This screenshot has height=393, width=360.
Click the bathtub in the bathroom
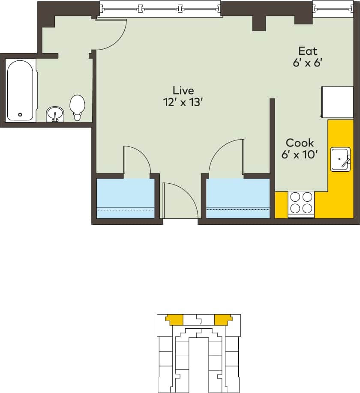(20, 90)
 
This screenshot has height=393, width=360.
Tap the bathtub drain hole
(20, 114)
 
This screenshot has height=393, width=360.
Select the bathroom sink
(55, 114)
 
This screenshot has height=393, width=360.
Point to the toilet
(78, 106)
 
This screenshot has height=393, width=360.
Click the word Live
(183, 90)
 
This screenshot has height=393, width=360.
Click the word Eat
(308, 51)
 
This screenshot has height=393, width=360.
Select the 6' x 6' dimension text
(307, 63)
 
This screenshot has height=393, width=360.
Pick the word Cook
(300, 143)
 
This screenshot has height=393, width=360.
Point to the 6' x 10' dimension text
(300, 155)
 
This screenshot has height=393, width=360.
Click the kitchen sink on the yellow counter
(340, 159)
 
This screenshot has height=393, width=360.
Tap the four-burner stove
(301, 202)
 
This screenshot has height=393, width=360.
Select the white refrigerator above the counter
(337, 102)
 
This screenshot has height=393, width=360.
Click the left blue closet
(126, 198)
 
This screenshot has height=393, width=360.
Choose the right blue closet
(238, 198)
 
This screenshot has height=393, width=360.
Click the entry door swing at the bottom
(176, 199)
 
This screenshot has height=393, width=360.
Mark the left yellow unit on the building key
(174, 319)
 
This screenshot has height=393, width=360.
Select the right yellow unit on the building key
(223, 319)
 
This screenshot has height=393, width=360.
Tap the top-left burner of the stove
(295, 197)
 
